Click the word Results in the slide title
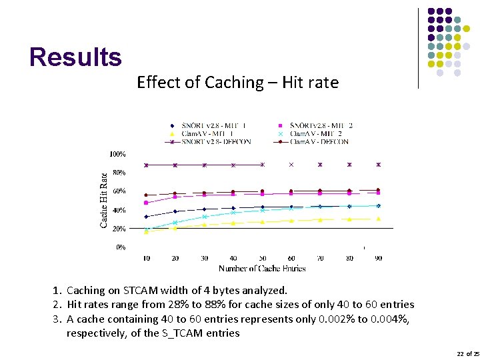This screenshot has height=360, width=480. point(75,57)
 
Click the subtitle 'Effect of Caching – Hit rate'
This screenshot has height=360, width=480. point(237,83)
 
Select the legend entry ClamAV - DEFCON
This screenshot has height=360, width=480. point(318,141)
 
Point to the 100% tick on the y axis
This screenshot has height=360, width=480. point(117,154)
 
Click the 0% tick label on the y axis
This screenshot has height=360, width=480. point(120,247)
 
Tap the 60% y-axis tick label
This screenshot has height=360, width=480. point(118,191)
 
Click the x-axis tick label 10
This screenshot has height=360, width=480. point(146,258)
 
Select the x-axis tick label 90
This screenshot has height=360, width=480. point(378,258)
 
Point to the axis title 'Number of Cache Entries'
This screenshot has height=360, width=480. point(262,268)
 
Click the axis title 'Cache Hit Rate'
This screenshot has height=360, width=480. point(104,200)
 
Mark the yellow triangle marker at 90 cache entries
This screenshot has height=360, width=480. point(378,219)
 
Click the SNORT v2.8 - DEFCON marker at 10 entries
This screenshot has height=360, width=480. point(146,165)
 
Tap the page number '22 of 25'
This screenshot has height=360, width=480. point(467,353)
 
